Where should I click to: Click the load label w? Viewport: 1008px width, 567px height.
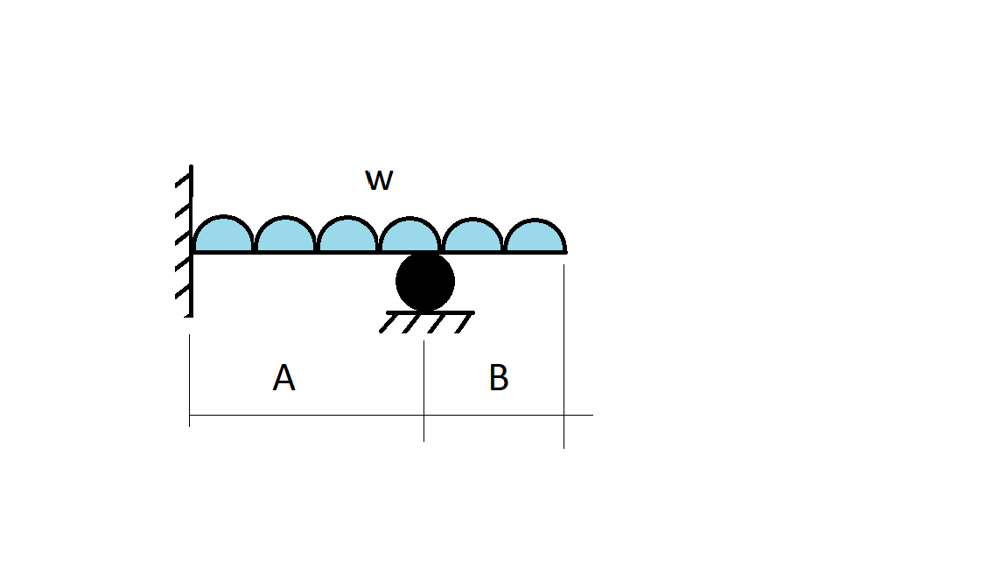click(x=379, y=180)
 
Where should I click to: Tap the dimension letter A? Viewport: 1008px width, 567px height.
click(x=283, y=378)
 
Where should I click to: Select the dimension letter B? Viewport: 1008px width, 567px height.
click(x=499, y=378)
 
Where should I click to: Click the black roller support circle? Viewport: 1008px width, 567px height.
click(x=425, y=282)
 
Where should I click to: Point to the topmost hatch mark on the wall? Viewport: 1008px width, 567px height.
click(x=183, y=181)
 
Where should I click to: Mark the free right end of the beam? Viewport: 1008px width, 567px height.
click(x=564, y=252)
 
